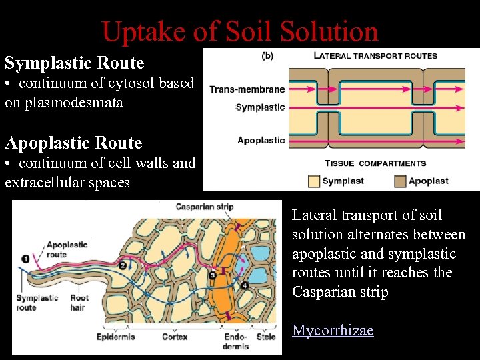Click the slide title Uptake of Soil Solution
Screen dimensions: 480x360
point(240,31)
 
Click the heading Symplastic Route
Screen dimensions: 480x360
point(74,63)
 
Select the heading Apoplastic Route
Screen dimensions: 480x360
point(73,143)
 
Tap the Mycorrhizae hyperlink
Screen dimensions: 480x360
point(332,331)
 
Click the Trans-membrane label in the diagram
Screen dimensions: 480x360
point(247,89)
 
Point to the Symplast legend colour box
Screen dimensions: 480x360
point(313,181)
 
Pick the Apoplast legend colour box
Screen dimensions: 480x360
point(400,181)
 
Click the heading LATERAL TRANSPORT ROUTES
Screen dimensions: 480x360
point(375,56)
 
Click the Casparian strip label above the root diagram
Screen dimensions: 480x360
point(204,207)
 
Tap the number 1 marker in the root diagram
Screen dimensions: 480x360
point(25,259)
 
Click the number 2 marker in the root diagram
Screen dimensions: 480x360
point(123,265)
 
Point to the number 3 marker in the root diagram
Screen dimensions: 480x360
point(212,274)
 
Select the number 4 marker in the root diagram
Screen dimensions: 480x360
point(245,285)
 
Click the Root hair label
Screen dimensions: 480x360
point(79,303)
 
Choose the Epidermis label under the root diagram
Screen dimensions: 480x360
point(116,337)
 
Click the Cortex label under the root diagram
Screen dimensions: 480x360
point(174,337)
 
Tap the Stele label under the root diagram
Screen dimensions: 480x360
point(267,337)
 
